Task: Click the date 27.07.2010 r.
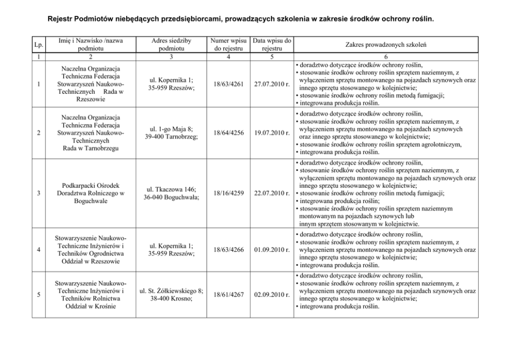(x=272, y=85)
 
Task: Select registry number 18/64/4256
(x=227, y=133)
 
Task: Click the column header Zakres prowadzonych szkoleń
(x=385, y=45)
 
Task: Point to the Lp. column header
(x=39, y=45)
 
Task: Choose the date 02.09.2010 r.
(x=272, y=295)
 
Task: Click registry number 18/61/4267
(x=227, y=295)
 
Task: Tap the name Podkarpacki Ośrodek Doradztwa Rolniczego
(x=90, y=193)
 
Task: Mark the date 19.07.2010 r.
(x=272, y=133)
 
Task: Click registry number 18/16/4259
(x=227, y=193)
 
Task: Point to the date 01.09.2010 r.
(x=272, y=250)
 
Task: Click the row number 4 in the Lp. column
(x=39, y=250)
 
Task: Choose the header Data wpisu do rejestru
(x=272, y=45)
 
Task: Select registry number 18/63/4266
(x=227, y=250)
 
